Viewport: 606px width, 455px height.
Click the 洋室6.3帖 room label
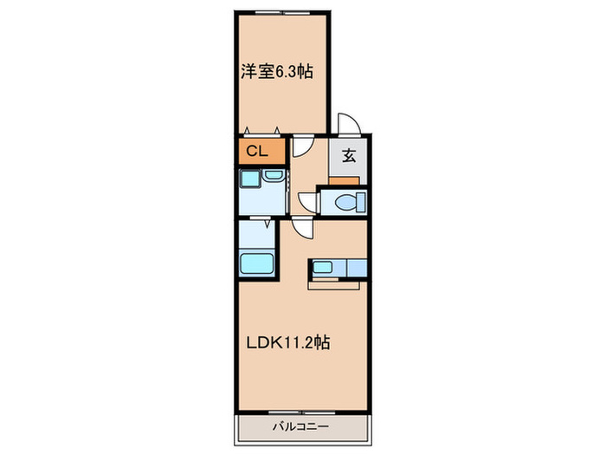(x=276, y=72)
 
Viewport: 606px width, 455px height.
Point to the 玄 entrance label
(x=349, y=156)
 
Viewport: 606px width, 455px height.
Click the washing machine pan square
(x=251, y=179)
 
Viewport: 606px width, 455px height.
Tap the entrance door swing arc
(x=348, y=124)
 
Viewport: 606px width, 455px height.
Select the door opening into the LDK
(x=302, y=227)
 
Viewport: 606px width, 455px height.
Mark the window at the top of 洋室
(x=282, y=11)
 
